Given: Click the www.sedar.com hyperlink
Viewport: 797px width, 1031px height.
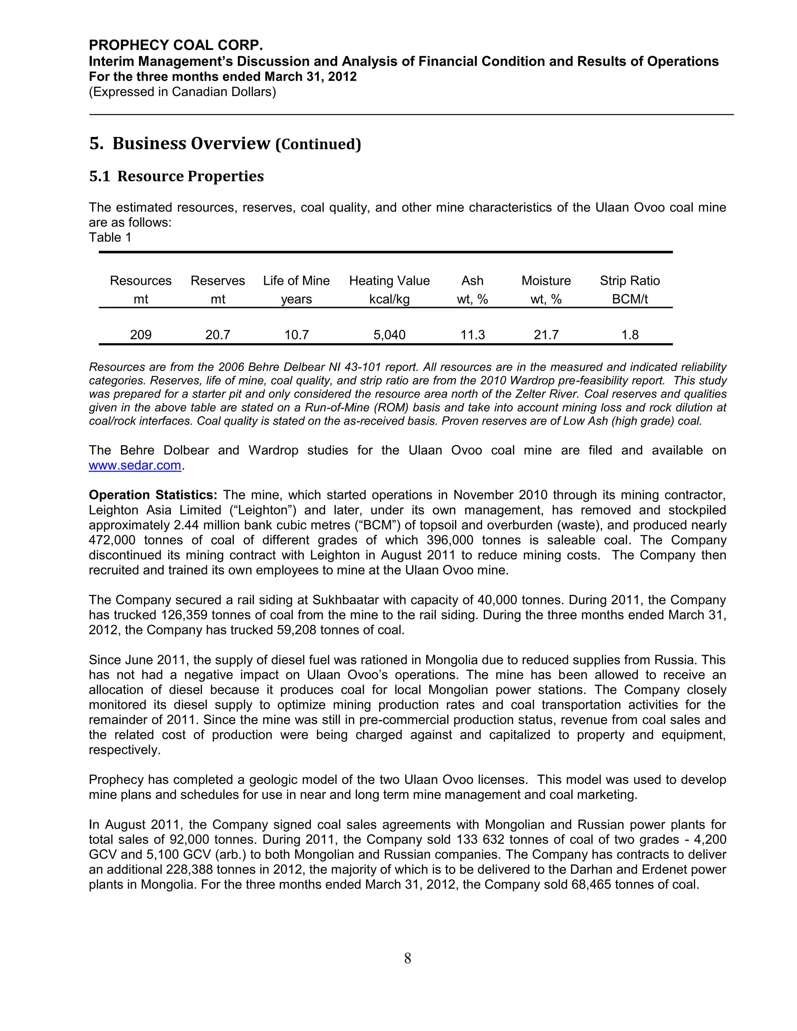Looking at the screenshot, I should (x=135, y=465).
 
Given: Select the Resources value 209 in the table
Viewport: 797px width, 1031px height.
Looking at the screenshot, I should (x=141, y=335).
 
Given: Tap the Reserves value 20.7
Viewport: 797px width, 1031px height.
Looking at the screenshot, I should (x=218, y=335).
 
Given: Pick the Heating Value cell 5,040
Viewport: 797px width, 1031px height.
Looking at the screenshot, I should (x=389, y=335).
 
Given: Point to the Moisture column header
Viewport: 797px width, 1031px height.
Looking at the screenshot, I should (x=546, y=281).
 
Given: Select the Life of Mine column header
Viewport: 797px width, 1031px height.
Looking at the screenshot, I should (x=296, y=281).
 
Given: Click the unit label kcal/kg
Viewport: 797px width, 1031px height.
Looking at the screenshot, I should (x=389, y=299).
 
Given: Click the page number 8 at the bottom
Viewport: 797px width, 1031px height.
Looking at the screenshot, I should (x=407, y=958).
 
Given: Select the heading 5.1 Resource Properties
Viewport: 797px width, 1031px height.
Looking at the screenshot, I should (x=176, y=176).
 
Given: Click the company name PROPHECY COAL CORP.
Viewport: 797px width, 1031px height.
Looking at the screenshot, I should (x=176, y=45).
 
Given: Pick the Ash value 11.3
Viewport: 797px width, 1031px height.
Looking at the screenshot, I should (x=472, y=335).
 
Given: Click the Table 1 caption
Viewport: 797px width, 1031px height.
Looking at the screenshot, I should (x=110, y=237).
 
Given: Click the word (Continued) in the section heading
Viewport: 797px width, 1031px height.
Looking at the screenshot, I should (x=318, y=144).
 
